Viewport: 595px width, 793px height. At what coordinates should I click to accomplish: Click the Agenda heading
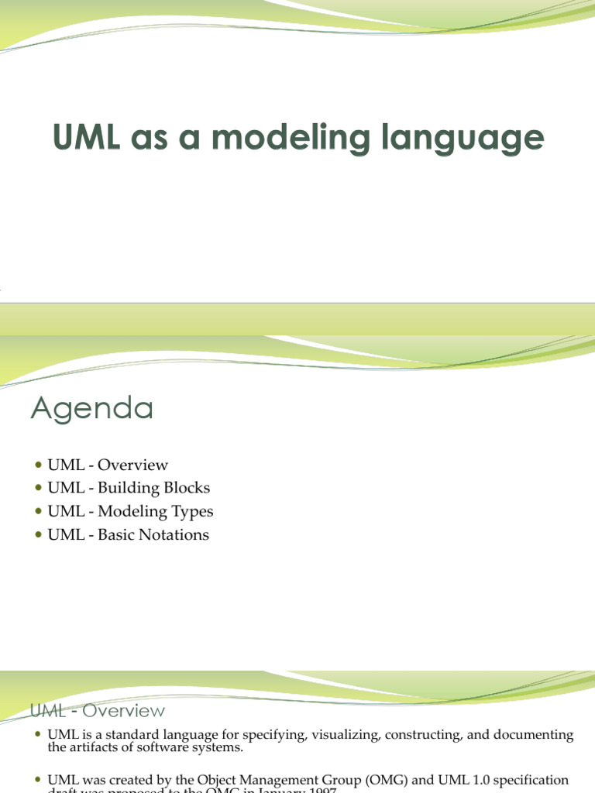91,408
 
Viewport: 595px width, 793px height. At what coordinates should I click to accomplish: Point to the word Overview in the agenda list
133,465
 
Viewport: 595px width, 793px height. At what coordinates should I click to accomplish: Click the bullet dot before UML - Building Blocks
40,489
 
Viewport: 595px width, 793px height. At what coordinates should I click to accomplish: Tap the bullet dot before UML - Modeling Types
40,512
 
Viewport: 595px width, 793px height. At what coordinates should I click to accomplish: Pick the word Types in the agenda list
193,512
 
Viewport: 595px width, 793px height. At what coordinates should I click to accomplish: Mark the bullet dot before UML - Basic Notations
40,535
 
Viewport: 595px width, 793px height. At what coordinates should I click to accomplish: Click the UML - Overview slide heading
97,710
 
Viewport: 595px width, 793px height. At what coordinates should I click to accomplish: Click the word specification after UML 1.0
534,780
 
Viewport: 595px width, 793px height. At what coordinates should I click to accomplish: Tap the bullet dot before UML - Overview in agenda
40,465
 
